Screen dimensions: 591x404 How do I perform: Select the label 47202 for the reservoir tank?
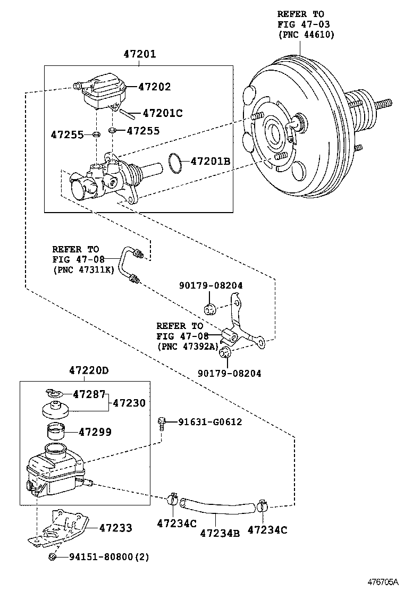coord(155,87)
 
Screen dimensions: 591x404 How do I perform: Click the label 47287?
coord(88,394)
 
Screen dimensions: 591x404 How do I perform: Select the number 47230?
coord(129,403)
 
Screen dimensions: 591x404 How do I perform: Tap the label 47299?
coord(95,432)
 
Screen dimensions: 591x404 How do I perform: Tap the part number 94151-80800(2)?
coord(109,558)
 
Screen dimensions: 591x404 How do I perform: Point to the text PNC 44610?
coord(306,35)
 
